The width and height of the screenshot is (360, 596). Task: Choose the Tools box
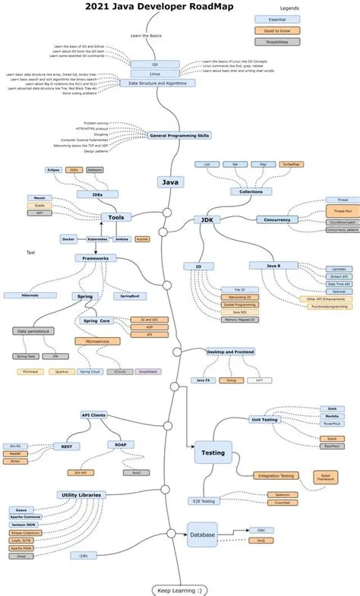(116, 217)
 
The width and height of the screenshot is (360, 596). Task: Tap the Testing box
(212, 453)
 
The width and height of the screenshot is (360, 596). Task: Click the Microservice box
(97, 342)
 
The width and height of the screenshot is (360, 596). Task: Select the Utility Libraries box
(81, 494)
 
